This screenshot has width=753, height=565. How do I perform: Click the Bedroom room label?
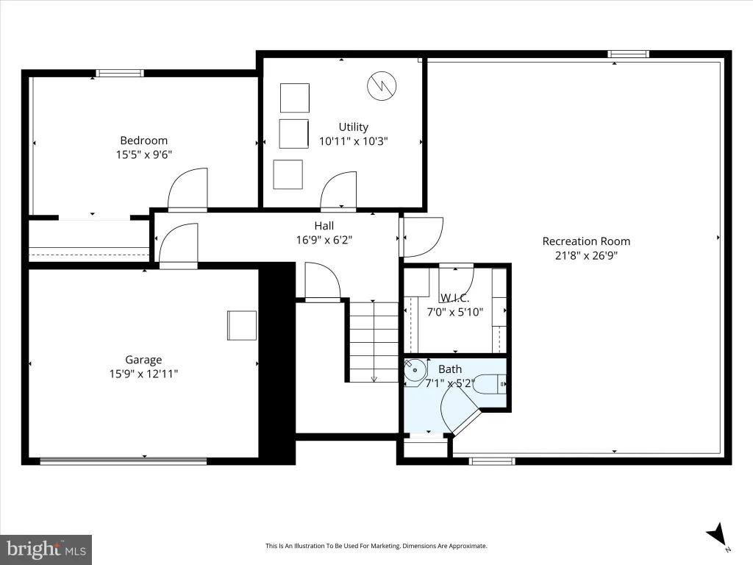tap(143, 141)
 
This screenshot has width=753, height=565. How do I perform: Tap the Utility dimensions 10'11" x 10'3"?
tap(354, 141)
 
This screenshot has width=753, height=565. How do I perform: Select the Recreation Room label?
tap(586, 241)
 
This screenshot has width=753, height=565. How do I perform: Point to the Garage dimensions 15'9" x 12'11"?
tap(143, 374)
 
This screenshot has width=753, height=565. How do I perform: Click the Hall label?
tap(324, 225)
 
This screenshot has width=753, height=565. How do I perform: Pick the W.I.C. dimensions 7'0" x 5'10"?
tap(454, 312)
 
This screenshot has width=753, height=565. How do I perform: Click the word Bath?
tap(450, 369)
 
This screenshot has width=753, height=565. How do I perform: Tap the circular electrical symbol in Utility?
tap(382, 86)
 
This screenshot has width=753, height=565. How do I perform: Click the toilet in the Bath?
tap(490, 384)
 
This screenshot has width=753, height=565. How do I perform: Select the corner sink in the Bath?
tap(415, 371)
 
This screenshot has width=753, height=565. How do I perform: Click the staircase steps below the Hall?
tap(374, 342)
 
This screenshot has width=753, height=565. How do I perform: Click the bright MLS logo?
tap(46, 549)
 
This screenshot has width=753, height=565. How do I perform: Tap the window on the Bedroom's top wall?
tap(120, 73)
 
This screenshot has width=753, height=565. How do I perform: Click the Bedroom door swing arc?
tap(188, 189)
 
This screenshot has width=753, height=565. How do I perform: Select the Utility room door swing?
tap(338, 191)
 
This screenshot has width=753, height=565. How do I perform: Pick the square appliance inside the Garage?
tap(241, 326)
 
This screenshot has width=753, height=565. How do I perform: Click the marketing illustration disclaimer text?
tap(376, 546)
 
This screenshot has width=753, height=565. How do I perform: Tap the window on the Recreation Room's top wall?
tap(628, 54)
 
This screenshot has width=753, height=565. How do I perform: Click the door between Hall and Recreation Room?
tap(421, 238)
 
